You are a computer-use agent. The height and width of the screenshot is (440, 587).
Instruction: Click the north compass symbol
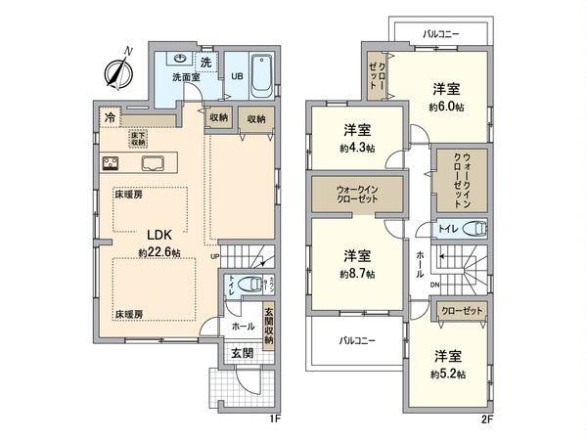117,70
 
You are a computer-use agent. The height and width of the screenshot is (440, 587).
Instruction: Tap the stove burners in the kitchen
110,163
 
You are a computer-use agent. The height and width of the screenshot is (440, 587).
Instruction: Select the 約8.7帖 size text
356,274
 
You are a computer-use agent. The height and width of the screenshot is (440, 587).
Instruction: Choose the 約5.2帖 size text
449,374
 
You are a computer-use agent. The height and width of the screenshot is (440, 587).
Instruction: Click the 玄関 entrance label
242,352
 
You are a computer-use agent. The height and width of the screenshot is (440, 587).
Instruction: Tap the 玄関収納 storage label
268,329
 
